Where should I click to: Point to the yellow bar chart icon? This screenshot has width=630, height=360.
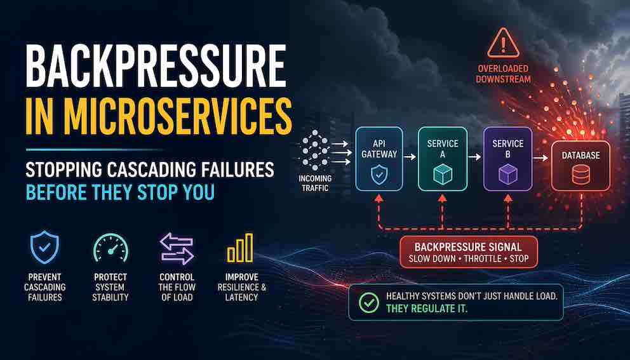[x=240, y=248]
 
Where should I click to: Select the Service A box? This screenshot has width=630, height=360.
[x=443, y=157]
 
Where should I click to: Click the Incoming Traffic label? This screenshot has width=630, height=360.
[x=315, y=183]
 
